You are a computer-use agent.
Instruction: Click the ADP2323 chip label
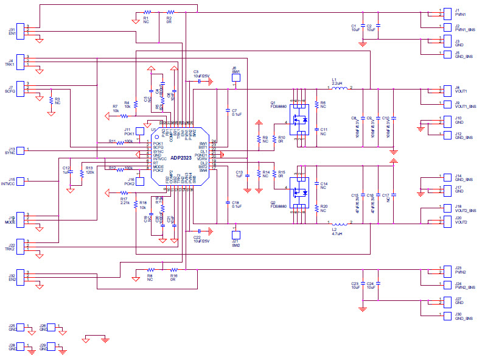(x=180, y=157)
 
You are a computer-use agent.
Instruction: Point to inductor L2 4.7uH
(x=337, y=223)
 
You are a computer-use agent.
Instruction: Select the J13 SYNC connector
(x=21, y=150)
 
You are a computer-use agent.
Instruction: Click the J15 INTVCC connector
(x=21, y=180)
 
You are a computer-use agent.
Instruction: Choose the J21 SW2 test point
(x=236, y=235)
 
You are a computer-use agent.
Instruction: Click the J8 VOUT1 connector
(x=436, y=90)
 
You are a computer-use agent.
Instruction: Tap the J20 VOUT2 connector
(x=436, y=220)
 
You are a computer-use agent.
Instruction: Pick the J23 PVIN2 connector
(x=436, y=270)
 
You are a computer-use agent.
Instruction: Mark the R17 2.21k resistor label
(x=124, y=200)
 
